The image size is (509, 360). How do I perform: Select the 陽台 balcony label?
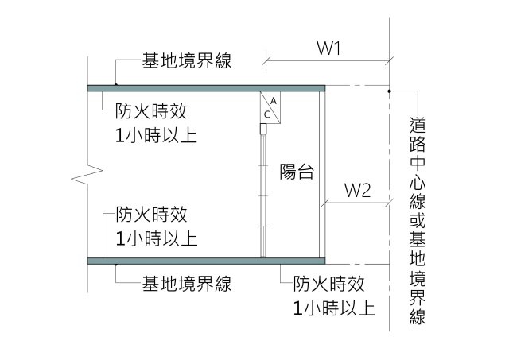pyautogui.click(x=296, y=171)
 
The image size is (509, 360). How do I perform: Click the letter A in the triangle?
pyautogui.click(x=272, y=101)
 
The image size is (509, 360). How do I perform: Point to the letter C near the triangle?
pyautogui.click(x=267, y=114)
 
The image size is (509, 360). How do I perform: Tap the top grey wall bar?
pyautogui.click(x=207, y=87)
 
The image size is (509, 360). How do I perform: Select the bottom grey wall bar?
pyautogui.click(x=207, y=260)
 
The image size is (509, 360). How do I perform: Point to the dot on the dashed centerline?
pyautogui.click(x=389, y=91)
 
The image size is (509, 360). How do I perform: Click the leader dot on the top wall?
pyautogui.click(x=116, y=83)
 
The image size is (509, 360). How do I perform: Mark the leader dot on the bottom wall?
pyautogui.click(x=116, y=263)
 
